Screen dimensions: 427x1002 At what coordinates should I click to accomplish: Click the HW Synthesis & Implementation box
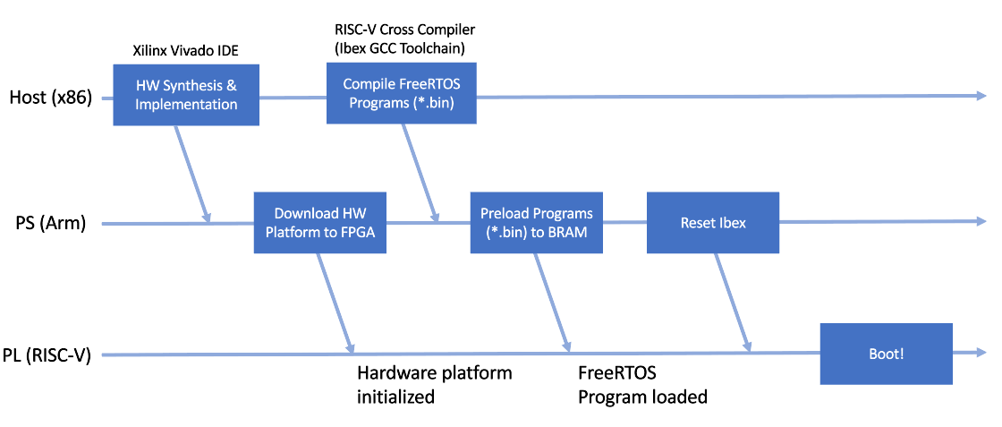(x=186, y=95)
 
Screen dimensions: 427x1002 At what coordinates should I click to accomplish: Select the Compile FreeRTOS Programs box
(x=401, y=94)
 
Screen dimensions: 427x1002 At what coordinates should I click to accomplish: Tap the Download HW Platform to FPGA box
(x=320, y=222)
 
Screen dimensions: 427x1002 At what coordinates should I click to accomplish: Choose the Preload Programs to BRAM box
(x=537, y=222)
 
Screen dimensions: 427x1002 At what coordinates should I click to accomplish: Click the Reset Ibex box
(x=713, y=222)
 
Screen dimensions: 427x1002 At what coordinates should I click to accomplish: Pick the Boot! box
(x=886, y=354)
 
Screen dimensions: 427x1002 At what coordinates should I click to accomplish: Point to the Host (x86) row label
(x=50, y=97)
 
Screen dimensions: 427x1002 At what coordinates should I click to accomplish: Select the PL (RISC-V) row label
(x=52, y=354)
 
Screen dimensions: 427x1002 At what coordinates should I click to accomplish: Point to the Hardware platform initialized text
(x=434, y=384)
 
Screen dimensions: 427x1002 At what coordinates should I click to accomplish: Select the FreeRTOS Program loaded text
(x=641, y=384)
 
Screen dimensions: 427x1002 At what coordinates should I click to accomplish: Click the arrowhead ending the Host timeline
(x=979, y=95)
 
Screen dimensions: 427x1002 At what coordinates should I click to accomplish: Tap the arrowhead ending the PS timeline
(x=979, y=222)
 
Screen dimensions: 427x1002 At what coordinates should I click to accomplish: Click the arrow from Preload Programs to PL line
(x=551, y=300)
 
